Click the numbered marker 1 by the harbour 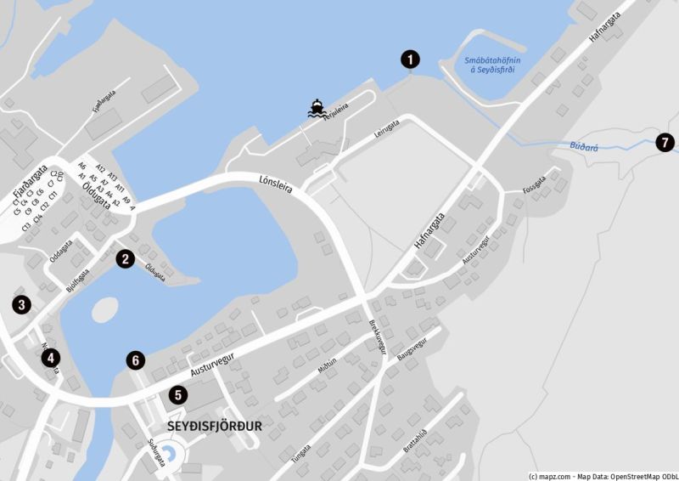(x=410, y=59)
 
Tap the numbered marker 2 (x=125, y=259)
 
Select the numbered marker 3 (x=21, y=303)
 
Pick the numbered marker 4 (x=52, y=358)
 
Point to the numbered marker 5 (x=177, y=394)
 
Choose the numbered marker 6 (x=136, y=360)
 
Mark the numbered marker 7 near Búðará (x=665, y=142)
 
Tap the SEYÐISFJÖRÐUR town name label (x=215, y=426)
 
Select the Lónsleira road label (x=275, y=184)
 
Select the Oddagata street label (x=60, y=252)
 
